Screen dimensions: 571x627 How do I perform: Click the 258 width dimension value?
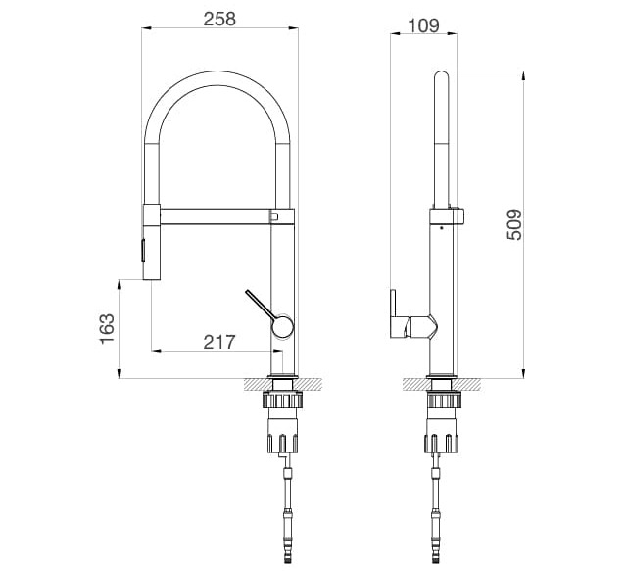click(x=218, y=19)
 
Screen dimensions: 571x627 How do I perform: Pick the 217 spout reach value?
click(x=218, y=342)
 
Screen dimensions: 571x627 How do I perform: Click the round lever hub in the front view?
click(x=282, y=326)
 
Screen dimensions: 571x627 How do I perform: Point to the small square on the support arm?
click(x=274, y=214)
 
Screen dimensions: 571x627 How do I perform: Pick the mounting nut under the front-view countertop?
click(x=282, y=401)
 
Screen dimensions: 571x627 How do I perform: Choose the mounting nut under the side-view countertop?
click(x=441, y=401)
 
